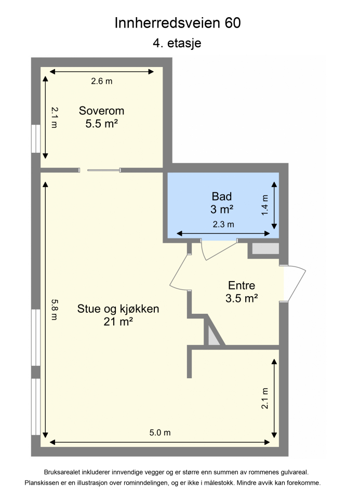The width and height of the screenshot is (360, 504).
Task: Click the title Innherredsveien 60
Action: [177, 23]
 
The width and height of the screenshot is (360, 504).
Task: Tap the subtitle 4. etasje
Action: [177, 44]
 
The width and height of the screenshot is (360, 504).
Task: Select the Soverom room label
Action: [102, 111]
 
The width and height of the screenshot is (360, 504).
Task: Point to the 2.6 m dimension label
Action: [102, 81]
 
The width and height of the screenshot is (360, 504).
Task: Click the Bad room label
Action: [222, 196]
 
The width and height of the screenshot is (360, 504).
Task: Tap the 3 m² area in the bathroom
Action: [222, 209]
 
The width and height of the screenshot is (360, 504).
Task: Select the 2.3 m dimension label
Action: [223, 224]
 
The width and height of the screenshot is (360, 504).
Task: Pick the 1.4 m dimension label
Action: [265, 205]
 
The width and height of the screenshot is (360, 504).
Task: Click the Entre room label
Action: [242, 285]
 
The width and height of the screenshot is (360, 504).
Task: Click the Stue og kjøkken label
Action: [118, 309]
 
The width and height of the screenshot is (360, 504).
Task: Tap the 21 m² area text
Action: [118, 322]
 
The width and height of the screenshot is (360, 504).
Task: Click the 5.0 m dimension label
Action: [160, 433]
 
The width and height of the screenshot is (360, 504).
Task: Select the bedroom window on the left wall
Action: [36, 139]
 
